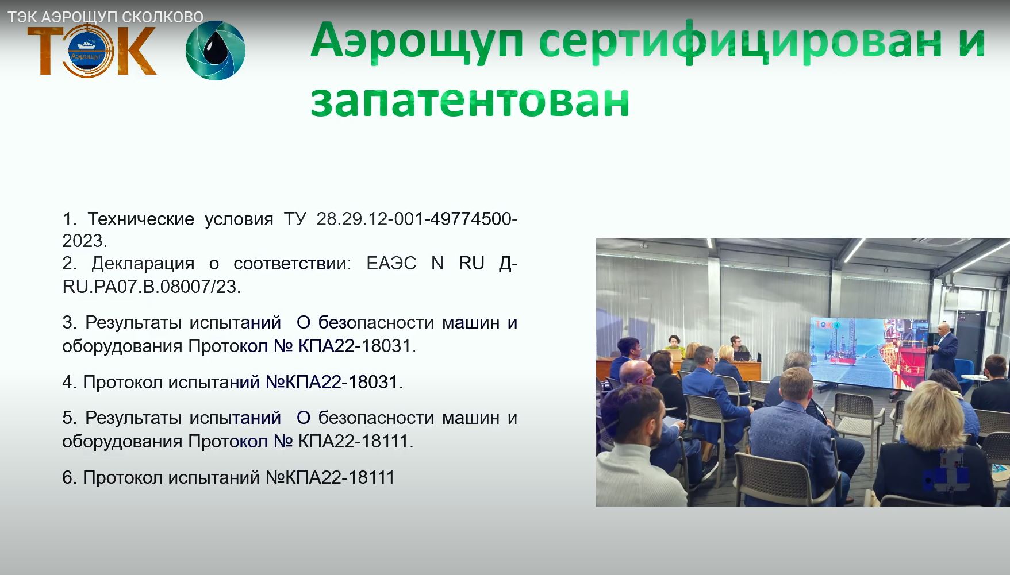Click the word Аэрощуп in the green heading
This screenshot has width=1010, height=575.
click(x=417, y=40)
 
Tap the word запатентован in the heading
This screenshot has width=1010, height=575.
click(x=470, y=101)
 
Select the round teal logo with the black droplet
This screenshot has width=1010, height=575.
click(x=216, y=50)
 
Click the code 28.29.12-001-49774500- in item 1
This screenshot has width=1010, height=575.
click(x=417, y=219)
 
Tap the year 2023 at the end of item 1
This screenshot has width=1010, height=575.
click(x=83, y=241)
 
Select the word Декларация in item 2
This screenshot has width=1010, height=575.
click(x=143, y=263)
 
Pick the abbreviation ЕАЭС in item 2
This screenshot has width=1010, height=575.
click(x=391, y=263)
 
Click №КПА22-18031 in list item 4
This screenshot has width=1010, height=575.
click(x=332, y=382)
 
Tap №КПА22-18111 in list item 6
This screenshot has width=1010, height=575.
click(x=330, y=477)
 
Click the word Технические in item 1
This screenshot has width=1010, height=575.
click(x=141, y=219)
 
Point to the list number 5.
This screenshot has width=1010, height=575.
click(x=68, y=418)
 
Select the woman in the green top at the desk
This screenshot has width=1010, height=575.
click(x=675, y=348)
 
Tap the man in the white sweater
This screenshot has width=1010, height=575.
click(x=629, y=460)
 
